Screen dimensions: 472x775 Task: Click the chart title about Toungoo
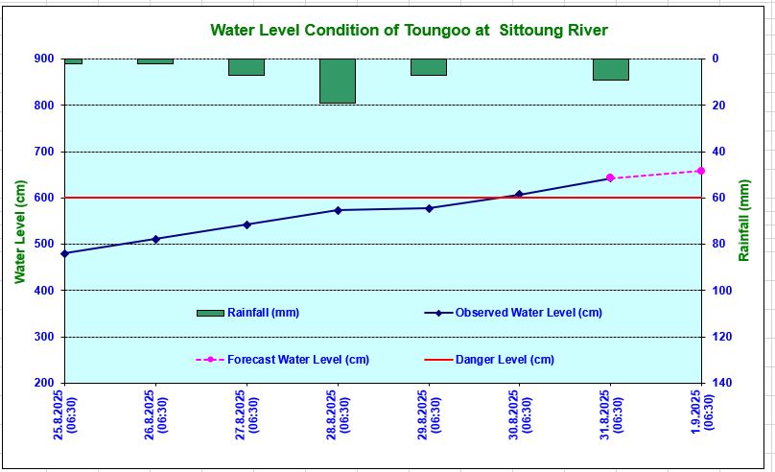(x=409, y=31)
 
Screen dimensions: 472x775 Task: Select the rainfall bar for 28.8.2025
(x=338, y=81)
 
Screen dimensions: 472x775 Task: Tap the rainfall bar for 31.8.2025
(x=610, y=69)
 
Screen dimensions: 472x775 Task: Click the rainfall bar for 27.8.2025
(x=247, y=67)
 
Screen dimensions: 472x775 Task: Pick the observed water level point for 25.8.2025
(x=64, y=253)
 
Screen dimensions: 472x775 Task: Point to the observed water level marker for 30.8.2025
(x=519, y=195)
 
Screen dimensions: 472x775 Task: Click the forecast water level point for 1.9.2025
(x=701, y=171)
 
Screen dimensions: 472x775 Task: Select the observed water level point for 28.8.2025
(x=338, y=210)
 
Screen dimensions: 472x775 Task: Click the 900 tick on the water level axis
(x=44, y=59)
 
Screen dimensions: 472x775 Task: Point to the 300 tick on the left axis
(x=44, y=337)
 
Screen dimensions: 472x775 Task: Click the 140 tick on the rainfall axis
(x=721, y=383)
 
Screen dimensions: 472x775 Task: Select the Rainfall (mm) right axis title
(x=745, y=221)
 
